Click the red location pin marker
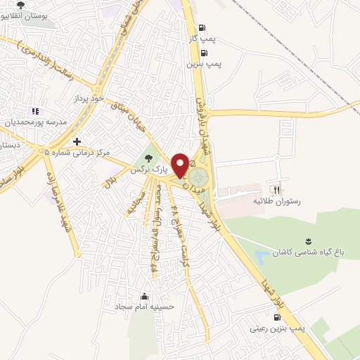click(x=180, y=165)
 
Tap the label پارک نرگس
click(x=149, y=169)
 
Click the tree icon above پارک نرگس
click(x=148, y=157)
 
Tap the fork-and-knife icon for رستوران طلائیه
click(x=276, y=189)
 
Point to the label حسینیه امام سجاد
click(x=145, y=307)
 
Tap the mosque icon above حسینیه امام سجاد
click(x=145, y=295)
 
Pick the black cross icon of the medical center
click(x=77, y=141)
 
